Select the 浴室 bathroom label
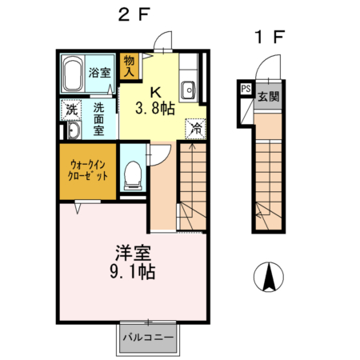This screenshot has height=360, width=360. tap(99, 71)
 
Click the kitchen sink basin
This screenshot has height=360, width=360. tap(190, 88)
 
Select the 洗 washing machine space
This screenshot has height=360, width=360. tap(71, 110)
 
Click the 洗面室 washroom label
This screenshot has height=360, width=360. tap(99, 118)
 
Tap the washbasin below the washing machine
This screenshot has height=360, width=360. tap(72, 131)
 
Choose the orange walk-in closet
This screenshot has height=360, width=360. tap(86, 170)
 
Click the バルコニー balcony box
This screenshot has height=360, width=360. tap(148, 338)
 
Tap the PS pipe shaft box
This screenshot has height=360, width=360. tap(245, 90)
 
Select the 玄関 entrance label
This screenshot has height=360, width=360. tap(268, 97)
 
